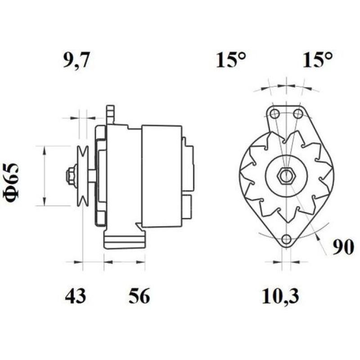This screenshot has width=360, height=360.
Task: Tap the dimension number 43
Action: click(x=75, y=296)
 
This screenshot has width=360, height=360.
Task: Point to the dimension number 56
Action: click(x=139, y=296)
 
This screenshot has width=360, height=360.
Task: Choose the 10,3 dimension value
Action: click(x=281, y=296)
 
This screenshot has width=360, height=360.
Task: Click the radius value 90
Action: click(x=343, y=247)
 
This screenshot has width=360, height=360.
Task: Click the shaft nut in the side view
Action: click(x=71, y=176)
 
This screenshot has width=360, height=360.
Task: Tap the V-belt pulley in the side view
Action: click(x=82, y=176)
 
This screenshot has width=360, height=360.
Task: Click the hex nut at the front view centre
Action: click(x=286, y=176)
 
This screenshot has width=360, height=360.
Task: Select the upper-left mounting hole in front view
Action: click(x=274, y=113)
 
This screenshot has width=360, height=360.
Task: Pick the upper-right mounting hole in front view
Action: click(x=297, y=113)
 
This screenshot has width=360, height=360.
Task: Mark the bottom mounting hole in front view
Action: click(x=286, y=240)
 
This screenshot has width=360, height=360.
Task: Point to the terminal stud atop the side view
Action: click(x=110, y=114)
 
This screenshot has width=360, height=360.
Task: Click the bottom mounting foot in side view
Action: click(x=124, y=238)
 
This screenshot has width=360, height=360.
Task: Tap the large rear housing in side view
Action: click(x=162, y=176)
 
